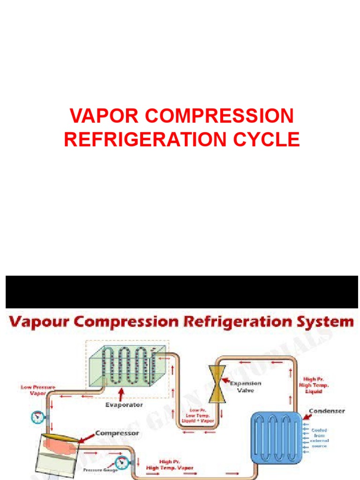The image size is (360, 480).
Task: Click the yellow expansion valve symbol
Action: tap(217, 384)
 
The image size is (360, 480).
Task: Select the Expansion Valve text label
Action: tap(245, 386)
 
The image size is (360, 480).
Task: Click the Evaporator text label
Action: tap(124, 404)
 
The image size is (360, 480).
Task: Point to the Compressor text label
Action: tap(117, 434)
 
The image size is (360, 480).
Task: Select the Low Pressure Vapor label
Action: tap(37, 390)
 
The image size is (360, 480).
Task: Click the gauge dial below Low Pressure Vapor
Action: tap(35, 416)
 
